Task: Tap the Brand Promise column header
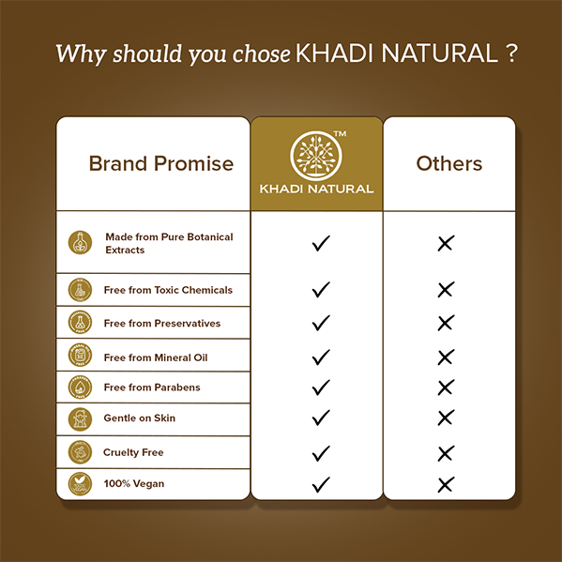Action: click(160, 163)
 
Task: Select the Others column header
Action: click(448, 163)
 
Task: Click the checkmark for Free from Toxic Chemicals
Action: click(321, 289)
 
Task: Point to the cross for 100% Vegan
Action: click(446, 484)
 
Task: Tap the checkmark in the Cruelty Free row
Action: click(321, 452)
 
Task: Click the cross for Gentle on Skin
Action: click(446, 418)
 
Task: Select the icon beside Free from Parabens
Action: click(81, 387)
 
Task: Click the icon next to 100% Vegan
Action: click(81, 483)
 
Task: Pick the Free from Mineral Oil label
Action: click(156, 357)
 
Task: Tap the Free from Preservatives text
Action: click(161, 323)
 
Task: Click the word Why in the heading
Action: click(76, 53)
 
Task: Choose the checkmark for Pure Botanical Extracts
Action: click(321, 244)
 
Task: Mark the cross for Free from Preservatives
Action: click(446, 323)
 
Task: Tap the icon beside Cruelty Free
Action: click(81, 452)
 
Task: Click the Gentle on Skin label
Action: click(139, 418)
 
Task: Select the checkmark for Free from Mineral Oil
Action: click(321, 357)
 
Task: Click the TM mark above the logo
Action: click(342, 134)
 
